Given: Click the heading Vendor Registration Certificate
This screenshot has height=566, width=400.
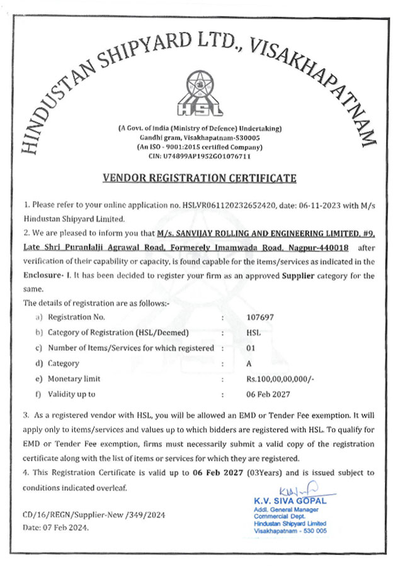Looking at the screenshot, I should (199, 178).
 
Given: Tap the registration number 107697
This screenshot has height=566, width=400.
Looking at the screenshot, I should (260, 317).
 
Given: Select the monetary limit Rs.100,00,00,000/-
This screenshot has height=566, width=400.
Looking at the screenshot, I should (281, 379).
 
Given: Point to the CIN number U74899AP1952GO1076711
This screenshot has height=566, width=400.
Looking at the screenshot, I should (200, 155).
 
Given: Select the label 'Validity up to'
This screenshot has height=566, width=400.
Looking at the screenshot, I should (71, 394).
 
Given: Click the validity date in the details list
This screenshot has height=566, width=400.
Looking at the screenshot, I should (267, 394).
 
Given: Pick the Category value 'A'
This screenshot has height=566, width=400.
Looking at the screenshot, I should (249, 363).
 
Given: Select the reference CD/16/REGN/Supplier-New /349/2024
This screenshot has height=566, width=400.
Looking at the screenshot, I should (94, 514).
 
